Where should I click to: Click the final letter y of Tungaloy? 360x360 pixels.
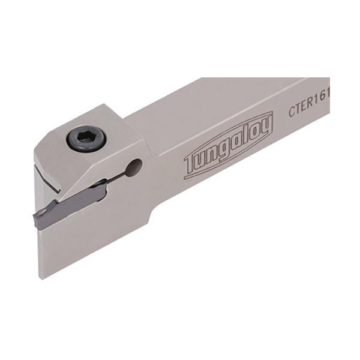click(x=266, y=126)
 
